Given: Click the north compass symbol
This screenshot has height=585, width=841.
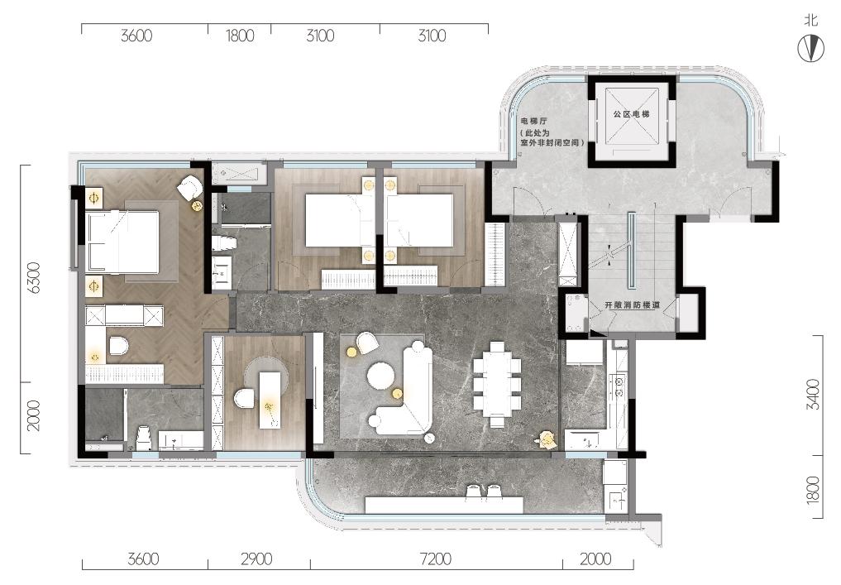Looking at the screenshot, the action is [x=811, y=49].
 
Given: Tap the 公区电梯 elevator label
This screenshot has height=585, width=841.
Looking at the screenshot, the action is [x=631, y=114].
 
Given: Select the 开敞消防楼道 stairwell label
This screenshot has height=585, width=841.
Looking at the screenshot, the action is [x=632, y=304].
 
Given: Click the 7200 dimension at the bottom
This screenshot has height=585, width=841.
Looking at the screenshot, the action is [x=436, y=559].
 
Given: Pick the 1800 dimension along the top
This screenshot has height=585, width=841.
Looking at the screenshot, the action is [x=239, y=36].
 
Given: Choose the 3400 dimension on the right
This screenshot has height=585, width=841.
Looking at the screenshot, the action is [x=813, y=395].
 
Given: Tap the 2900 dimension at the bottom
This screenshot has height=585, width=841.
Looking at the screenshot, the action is [x=256, y=559].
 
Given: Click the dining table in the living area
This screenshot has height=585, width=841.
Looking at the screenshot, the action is [x=497, y=384].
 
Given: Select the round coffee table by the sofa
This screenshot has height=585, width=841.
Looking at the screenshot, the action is [x=380, y=375].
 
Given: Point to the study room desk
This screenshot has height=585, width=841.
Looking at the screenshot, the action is [x=270, y=400].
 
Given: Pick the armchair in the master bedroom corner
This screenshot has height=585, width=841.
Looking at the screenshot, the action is [x=189, y=189].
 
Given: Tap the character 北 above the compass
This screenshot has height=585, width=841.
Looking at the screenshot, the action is [x=811, y=21].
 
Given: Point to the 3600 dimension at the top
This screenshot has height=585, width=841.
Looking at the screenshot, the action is [x=136, y=36].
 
